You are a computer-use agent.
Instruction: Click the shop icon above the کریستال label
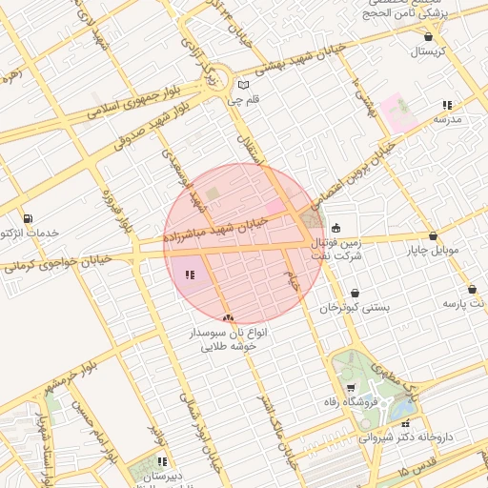point(427,36)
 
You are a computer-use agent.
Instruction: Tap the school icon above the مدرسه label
point(447,105)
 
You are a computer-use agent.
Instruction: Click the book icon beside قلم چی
point(243,85)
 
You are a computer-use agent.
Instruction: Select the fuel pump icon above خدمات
point(26,218)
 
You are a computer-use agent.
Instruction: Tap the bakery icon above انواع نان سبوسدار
point(227,317)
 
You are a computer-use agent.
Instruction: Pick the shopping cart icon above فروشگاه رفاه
point(351,388)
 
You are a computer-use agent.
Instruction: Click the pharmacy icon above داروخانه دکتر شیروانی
point(406,423)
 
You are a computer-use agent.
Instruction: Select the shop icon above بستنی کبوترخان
point(356,294)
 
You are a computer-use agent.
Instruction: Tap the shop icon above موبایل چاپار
point(433,235)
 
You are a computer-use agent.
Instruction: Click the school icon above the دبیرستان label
point(159,461)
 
